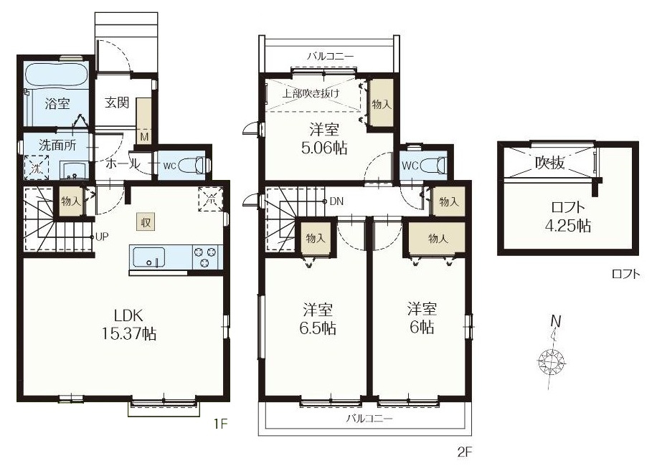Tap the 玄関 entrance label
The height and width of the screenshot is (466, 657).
117,102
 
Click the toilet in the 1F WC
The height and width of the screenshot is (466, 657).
194,165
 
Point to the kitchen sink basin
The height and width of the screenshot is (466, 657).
149,257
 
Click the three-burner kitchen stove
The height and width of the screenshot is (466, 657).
205,257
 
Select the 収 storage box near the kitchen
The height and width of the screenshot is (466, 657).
146,222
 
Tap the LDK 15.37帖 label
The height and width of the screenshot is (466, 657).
129,323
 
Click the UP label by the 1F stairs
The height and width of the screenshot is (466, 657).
103,237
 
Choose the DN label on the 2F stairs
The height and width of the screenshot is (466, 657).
336,201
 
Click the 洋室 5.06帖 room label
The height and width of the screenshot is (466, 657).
324,138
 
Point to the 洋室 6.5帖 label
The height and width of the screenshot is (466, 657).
318,319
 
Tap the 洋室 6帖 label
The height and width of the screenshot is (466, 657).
422,318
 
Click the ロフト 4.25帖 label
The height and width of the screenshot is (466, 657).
568,217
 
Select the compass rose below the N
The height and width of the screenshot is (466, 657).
552,360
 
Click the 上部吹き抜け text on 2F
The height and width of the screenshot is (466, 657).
311,93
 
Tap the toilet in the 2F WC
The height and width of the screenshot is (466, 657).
433,165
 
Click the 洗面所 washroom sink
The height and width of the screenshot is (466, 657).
75,171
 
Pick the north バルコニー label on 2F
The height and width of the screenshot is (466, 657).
331,56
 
